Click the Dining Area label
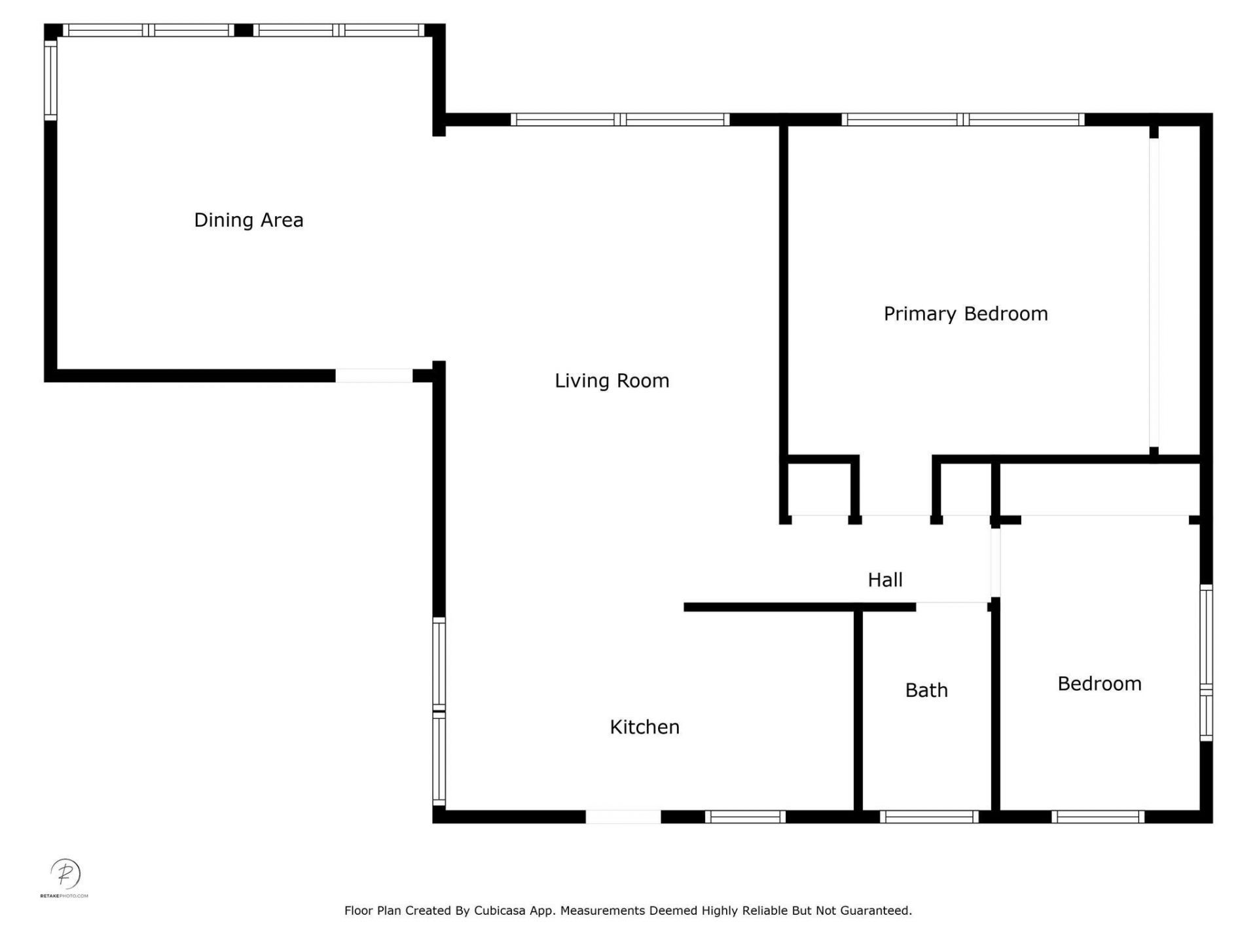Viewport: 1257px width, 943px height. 249,220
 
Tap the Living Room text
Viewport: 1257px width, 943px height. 611,380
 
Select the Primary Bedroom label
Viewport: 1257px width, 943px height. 965,314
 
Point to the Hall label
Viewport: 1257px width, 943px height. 884,580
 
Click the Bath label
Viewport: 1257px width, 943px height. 926,690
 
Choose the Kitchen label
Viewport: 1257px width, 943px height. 644,727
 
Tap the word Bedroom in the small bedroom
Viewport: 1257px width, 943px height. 1099,684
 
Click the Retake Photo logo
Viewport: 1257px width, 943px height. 65,876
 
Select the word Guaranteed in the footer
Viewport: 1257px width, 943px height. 875,910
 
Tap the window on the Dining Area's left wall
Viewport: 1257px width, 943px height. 50,80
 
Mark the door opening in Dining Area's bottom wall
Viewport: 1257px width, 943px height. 374,376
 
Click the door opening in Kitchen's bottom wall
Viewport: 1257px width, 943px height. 623,817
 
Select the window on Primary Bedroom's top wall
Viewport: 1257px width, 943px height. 962,119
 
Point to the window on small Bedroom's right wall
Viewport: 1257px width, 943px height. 1206,663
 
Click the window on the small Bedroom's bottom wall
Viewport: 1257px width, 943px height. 1098,817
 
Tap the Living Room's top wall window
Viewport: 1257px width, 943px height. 619,119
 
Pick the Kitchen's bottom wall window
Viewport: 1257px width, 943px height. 745,817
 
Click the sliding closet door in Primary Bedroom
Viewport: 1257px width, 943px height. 1154,291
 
